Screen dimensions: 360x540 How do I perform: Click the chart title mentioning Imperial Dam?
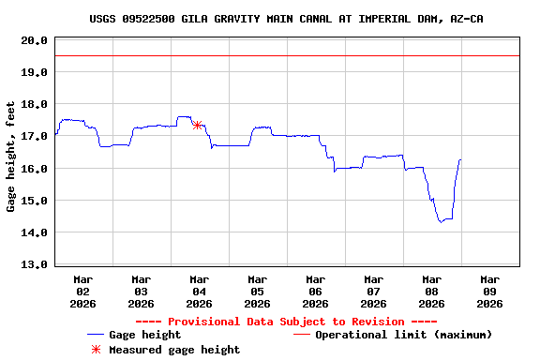click(x=287, y=19)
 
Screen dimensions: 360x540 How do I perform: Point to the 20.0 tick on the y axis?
click(x=35, y=40)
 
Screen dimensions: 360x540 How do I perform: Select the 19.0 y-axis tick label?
click(x=35, y=72)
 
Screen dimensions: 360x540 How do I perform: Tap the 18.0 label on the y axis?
click(x=35, y=104)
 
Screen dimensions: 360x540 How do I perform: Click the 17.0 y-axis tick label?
click(x=35, y=136)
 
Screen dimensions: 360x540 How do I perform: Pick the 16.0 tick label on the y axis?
click(x=35, y=168)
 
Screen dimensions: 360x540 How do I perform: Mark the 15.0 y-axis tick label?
click(x=35, y=200)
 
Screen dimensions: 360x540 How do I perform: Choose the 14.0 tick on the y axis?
click(x=35, y=232)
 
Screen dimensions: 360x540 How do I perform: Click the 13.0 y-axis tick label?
click(x=35, y=263)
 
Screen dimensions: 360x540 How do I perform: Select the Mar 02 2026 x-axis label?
click(x=82, y=291)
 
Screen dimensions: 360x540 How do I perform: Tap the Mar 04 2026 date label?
click(x=199, y=291)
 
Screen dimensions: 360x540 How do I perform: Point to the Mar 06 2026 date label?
click(x=315, y=291)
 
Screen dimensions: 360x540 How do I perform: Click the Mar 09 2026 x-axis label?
click(x=489, y=291)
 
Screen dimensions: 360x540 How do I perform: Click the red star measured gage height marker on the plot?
click(x=197, y=125)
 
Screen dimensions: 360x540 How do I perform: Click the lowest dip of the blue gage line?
click(x=440, y=221)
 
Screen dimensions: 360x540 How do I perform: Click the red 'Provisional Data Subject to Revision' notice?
click(x=287, y=322)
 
